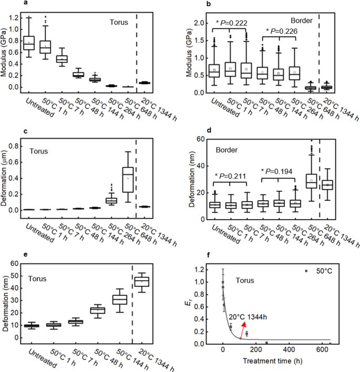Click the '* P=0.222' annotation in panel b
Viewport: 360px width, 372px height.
pos(232,23)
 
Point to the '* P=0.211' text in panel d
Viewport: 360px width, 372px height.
pos(232,175)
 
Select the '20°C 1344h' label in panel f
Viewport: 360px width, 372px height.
pos(246,317)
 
